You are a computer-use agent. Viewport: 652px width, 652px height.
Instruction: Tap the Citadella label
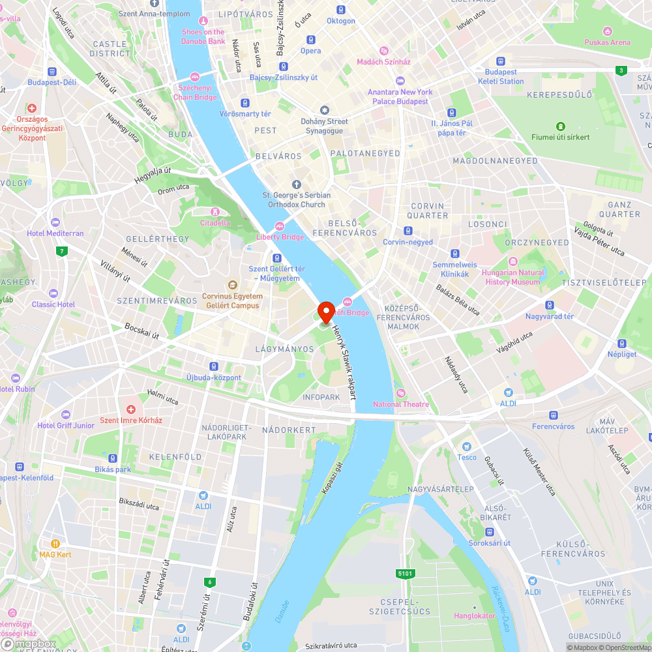click(x=215, y=222)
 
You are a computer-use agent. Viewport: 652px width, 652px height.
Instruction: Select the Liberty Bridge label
click(x=280, y=237)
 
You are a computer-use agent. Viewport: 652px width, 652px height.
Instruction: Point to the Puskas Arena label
click(x=607, y=42)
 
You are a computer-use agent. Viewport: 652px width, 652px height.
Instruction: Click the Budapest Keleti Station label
click(x=501, y=76)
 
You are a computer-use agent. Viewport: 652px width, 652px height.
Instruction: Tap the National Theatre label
click(x=401, y=404)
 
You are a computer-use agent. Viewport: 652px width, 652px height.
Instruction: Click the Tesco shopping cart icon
click(x=467, y=447)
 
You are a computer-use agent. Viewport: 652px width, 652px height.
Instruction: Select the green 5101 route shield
click(x=405, y=573)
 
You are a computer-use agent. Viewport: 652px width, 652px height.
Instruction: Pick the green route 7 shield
click(x=62, y=251)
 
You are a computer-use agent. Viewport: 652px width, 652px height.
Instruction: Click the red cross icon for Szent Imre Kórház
click(x=131, y=409)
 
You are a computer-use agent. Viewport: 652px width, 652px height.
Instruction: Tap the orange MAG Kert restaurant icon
click(x=55, y=543)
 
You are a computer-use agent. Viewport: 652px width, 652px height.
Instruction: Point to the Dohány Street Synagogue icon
click(x=325, y=110)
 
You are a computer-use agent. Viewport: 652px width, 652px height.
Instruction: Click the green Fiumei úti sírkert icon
click(x=559, y=126)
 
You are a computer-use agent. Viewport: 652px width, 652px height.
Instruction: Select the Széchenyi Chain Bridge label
click(x=195, y=93)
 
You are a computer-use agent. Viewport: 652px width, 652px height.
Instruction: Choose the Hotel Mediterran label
click(x=55, y=233)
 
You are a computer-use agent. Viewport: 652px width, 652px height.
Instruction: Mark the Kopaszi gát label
click(x=332, y=479)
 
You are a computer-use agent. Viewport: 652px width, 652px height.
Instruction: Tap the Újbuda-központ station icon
click(x=214, y=367)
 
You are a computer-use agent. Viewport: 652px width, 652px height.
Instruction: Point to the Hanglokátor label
click(x=475, y=615)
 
